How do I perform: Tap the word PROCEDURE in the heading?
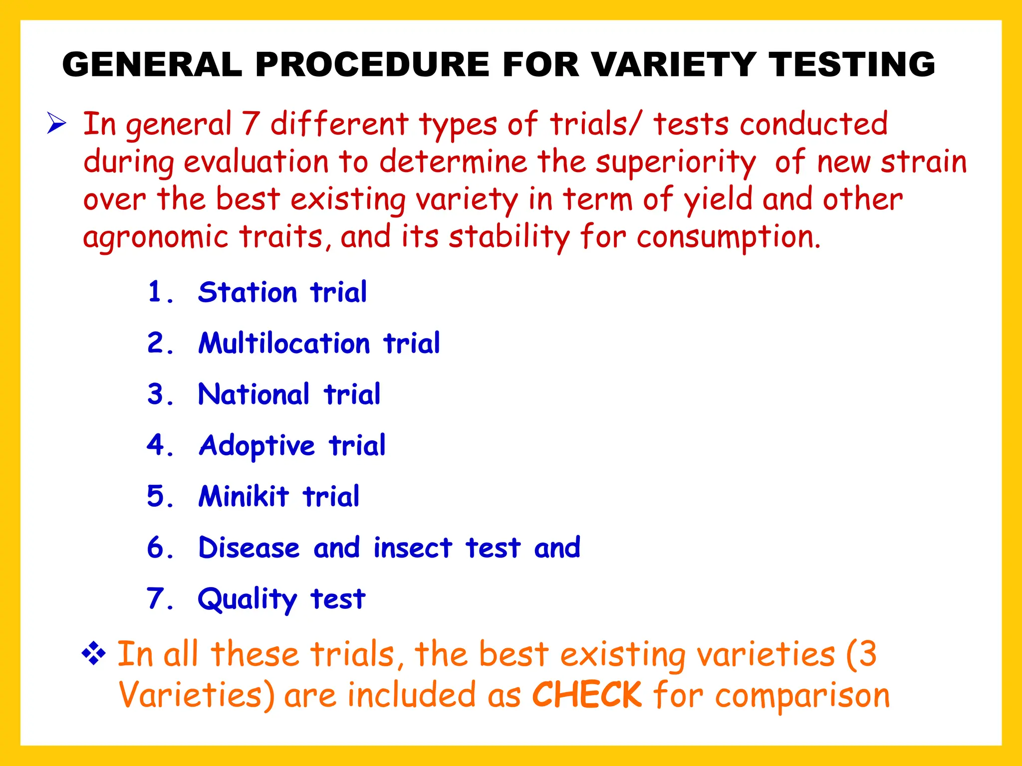(x=372, y=65)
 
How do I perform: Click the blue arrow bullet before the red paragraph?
(x=56, y=123)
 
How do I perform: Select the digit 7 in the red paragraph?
(x=251, y=124)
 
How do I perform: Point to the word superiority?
(x=676, y=163)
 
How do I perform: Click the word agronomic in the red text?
(x=155, y=237)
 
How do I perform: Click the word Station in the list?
(x=248, y=292)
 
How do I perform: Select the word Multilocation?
(x=284, y=344)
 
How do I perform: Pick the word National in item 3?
(x=254, y=394)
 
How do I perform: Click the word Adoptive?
(x=257, y=446)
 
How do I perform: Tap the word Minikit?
(x=244, y=497)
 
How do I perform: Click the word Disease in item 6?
(x=249, y=548)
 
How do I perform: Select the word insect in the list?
(x=413, y=548)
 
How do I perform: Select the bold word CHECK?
(x=587, y=695)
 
